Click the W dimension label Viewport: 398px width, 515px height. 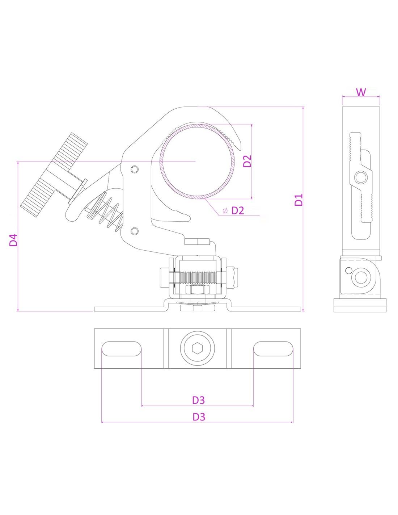(361, 92)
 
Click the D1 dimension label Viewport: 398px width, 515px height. (298, 200)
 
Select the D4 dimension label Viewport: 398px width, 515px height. (13, 240)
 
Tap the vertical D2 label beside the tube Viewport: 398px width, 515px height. (247, 161)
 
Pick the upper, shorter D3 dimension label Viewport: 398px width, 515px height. (198, 400)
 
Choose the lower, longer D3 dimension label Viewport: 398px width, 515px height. (199, 417)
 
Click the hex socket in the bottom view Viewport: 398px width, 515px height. (198, 348)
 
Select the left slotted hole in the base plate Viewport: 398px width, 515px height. (121, 349)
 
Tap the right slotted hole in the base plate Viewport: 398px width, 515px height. (273, 349)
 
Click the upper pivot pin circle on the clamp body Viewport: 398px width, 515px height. (135, 169)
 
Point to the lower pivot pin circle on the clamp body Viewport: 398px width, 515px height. (135, 231)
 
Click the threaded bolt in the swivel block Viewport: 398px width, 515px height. (198, 278)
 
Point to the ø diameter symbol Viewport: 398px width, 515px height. (225, 211)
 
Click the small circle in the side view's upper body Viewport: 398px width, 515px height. (360, 177)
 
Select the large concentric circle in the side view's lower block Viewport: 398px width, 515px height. (361, 277)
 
